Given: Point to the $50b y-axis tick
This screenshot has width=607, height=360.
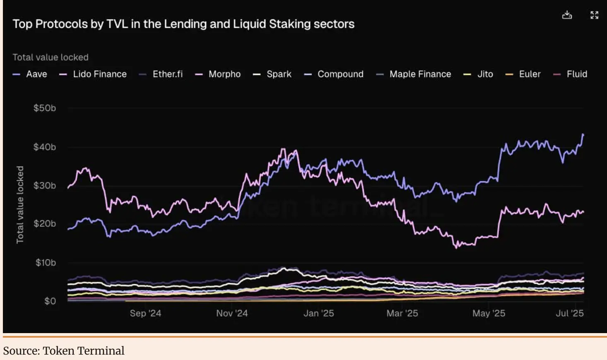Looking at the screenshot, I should pos(45,108).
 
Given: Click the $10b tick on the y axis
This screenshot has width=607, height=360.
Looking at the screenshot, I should pos(46,262).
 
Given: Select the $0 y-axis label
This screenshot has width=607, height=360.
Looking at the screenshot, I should pos(50,301).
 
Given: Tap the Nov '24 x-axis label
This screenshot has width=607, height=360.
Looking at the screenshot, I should pos(232,313).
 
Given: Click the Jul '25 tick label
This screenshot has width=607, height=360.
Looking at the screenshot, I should pos(569,313).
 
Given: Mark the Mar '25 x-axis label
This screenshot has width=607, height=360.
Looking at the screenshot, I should pos(402,313).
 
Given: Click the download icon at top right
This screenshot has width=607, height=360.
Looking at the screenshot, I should pos(567,15).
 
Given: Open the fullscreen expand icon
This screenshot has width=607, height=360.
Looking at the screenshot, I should pos(594,15).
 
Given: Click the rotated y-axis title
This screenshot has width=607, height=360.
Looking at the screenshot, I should pos(20,204).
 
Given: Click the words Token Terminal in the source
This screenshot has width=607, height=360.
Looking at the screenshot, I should pos(84,351).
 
